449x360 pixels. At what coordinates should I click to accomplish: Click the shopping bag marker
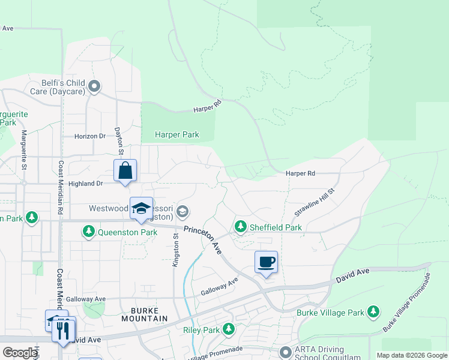[x=125, y=170]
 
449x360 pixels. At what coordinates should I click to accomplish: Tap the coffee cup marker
[x=266, y=262]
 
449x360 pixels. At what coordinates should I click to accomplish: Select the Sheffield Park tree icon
[x=241, y=227]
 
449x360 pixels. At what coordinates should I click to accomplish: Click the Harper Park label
[x=177, y=134]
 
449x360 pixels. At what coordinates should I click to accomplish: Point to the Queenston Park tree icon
[x=89, y=231]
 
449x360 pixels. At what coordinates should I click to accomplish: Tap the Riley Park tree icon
[x=229, y=329]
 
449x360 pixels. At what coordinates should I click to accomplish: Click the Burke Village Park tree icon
[x=374, y=311]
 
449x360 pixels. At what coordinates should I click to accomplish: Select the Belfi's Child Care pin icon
[x=94, y=87]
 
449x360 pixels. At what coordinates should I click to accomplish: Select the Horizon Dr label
[x=90, y=136]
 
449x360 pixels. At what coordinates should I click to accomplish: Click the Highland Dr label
[x=86, y=183]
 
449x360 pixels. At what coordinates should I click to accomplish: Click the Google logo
[x=20, y=353]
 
